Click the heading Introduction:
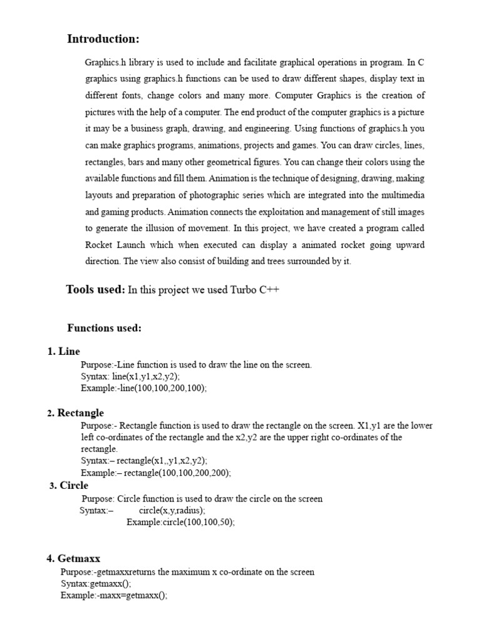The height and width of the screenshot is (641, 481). [103, 39]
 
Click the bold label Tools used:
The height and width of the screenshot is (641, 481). [95, 290]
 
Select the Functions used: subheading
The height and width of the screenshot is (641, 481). [104, 328]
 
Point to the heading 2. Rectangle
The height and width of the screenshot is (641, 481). [75, 413]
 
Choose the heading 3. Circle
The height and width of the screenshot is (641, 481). [69, 485]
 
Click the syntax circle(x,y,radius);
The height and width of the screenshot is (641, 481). [172, 510]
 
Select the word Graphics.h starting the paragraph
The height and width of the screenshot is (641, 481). [103, 63]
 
